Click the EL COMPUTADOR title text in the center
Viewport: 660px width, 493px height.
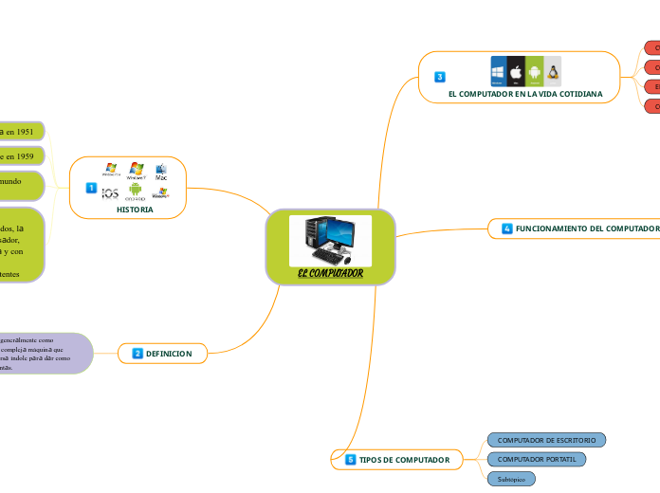(330, 274)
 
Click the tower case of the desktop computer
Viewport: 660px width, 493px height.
(315, 237)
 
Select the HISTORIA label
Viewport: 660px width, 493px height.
(135, 210)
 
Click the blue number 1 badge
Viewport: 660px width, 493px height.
(91, 189)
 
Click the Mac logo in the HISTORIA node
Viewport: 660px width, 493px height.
(161, 171)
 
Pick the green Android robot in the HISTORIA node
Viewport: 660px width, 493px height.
(136, 191)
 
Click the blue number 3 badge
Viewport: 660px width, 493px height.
(440, 77)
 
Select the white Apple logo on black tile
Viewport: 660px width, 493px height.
(516, 72)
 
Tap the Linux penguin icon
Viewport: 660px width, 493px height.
(552, 72)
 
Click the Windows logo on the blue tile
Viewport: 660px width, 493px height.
(499, 72)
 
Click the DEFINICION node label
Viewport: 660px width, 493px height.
(169, 354)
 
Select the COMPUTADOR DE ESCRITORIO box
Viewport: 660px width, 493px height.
(546, 440)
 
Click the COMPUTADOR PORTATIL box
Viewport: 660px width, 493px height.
(536, 459)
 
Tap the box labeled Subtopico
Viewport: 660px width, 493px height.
(511, 479)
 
